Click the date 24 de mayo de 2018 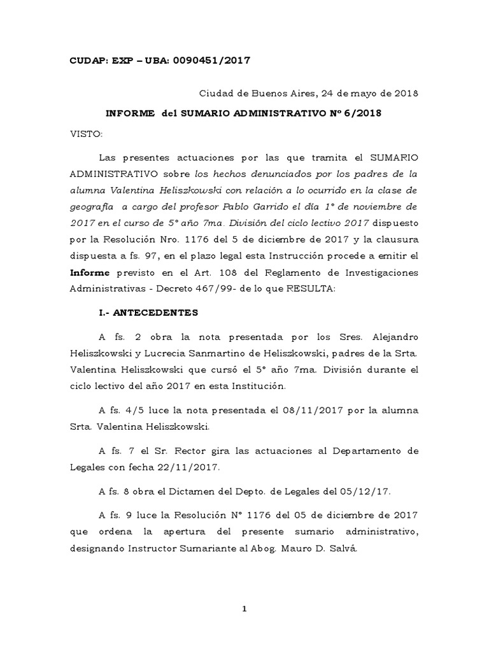367,94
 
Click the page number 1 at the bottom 244,609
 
